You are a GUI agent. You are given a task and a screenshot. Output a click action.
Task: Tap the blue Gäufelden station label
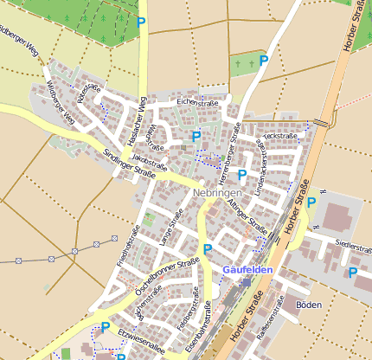(x=248, y=270)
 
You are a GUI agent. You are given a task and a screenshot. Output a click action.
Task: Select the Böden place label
(x=308, y=305)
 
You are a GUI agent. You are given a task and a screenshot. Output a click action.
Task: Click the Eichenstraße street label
(x=198, y=103)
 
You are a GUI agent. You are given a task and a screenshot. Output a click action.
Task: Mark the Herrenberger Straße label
(x=229, y=151)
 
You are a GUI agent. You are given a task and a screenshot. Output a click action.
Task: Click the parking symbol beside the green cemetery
(x=264, y=60)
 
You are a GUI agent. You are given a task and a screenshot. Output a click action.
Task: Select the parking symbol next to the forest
(x=141, y=22)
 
